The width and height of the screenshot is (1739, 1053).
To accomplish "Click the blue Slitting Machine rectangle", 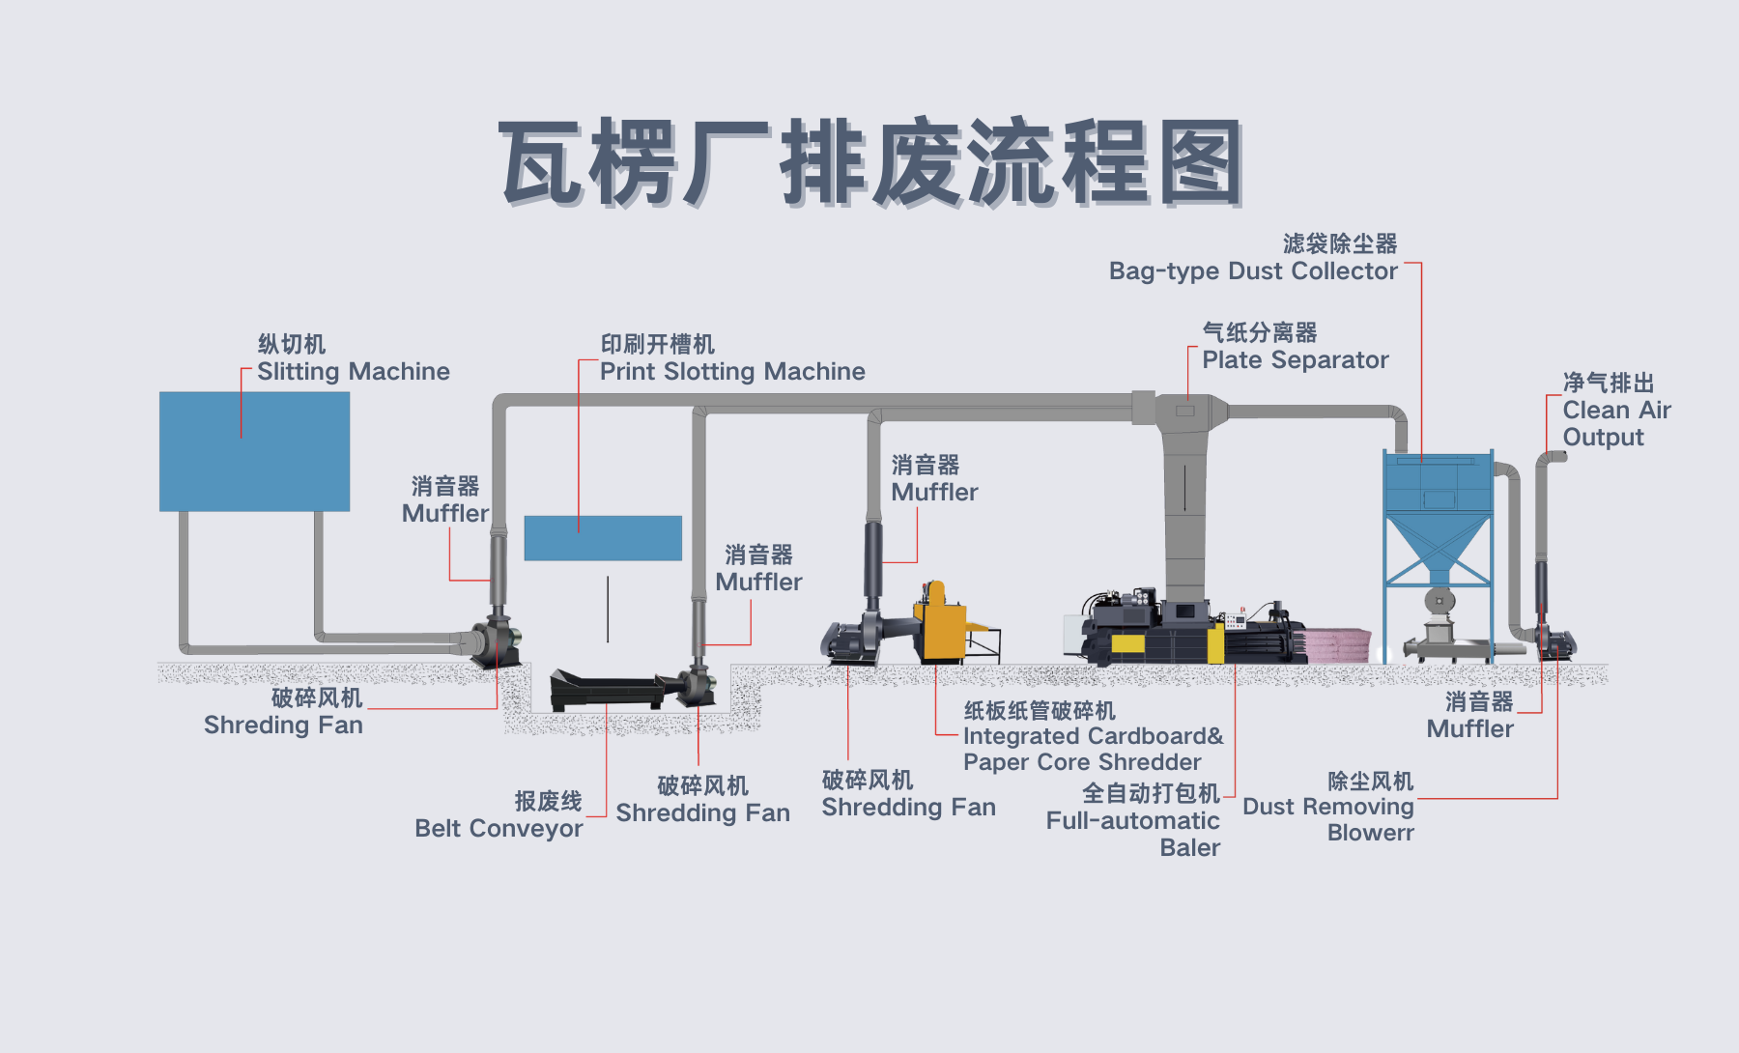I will (x=254, y=451).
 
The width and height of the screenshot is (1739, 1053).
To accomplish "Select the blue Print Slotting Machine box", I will (x=603, y=538).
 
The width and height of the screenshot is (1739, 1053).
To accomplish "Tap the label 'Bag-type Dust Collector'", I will (x=1253, y=270).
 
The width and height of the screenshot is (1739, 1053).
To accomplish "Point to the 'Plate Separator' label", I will (x=1295, y=360).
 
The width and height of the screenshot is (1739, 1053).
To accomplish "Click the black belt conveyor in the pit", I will (x=607, y=689).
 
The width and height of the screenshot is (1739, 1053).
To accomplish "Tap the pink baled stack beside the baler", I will (x=1338, y=643).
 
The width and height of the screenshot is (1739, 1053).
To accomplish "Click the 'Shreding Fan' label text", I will (x=283, y=725).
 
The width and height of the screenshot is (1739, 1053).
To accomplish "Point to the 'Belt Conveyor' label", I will (x=499, y=828).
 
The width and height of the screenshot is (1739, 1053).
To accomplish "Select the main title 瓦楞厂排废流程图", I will (x=869, y=162).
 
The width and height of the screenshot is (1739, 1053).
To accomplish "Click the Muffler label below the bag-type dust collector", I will (x=1469, y=728).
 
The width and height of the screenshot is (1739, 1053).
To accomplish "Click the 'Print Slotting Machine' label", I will (x=732, y=372).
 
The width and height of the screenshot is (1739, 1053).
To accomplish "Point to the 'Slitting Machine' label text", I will (x=354, y=372).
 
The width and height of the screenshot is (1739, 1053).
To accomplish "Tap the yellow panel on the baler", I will (x=1127, y=644).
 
